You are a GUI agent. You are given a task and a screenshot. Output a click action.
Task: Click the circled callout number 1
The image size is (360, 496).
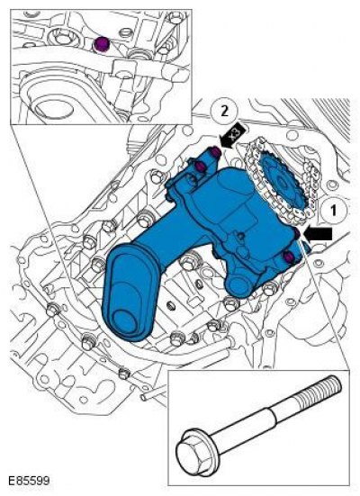pos(333,211)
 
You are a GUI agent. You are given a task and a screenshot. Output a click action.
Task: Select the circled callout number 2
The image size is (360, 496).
pos(224,112)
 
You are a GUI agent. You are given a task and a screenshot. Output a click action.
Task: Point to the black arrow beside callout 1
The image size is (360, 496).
pos(318,234)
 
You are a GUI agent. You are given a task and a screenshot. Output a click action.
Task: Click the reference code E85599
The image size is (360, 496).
pos(29,481)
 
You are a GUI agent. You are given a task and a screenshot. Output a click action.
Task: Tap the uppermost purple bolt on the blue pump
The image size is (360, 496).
pos(216,152)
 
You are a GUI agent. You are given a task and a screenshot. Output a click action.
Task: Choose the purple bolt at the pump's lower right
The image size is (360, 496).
pos(289,257)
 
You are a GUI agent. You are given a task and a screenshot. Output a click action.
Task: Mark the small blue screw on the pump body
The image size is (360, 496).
pos(241,235)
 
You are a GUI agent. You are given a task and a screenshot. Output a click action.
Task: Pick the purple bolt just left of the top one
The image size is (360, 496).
pos(200,166)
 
